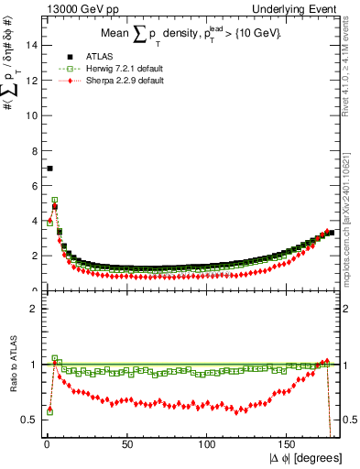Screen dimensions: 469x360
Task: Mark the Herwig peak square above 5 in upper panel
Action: click(x=55, y=200)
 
